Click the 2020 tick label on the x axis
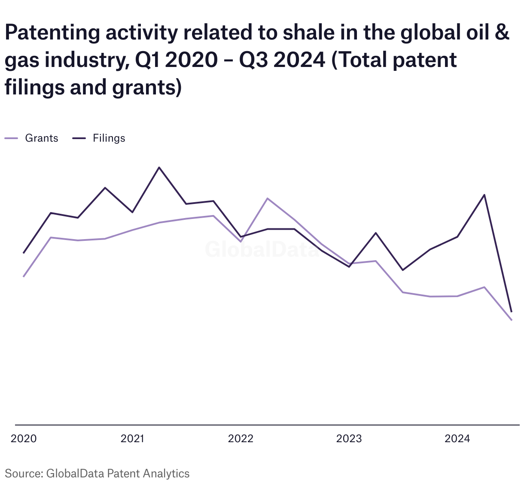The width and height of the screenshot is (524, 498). (x=24, y=438)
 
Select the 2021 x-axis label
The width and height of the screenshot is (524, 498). (x=132, y=438)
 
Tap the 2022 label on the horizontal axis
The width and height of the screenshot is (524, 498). (x=241, y=438)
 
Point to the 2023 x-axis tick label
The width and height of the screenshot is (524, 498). (x=349, y=438)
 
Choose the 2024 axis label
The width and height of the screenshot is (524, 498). (x=457, y=438)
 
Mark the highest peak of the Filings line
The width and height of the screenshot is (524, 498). (x=159, y=167)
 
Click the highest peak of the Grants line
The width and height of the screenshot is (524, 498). (x=267, y=198)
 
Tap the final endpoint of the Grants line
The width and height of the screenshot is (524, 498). (x=512, y=320)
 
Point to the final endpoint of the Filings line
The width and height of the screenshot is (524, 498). (x=512, y=312)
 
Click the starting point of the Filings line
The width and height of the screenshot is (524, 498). (x=24, y=253)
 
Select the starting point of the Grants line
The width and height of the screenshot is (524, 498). (x=24, y=276)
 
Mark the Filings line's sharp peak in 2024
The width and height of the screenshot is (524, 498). (x=484, y=195)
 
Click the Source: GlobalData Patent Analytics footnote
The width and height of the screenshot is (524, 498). (x=97, y=474)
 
